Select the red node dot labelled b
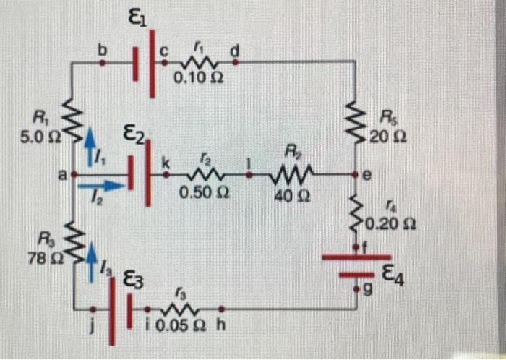[x=101, y=62]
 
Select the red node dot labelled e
[x=356, y=175]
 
